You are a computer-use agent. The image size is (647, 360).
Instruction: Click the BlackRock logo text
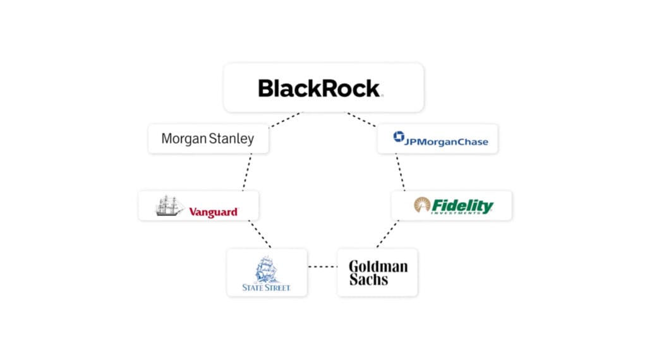click(320, 88)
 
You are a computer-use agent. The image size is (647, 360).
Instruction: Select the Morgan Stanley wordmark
click(207, 138)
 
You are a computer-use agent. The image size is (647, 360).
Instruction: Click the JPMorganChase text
click(447, 141)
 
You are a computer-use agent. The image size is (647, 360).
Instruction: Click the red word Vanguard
click(214, 212)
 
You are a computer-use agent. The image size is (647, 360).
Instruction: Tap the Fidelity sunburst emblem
click(422, 205)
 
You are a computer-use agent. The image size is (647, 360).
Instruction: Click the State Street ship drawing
click(267, 269)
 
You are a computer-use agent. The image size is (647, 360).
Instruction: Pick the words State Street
click(267, 287)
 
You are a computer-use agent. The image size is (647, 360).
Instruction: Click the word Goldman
click(378, 266)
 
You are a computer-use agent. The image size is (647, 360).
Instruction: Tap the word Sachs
click(368, 279)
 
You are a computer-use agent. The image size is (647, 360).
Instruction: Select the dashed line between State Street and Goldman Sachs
click(322, 267)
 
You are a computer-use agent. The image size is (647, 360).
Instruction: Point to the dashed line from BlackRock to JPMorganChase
click(362, 120)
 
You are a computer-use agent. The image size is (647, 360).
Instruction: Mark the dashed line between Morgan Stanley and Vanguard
click(247, 172)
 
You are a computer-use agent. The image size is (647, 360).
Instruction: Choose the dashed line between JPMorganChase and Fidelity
click(400, 172)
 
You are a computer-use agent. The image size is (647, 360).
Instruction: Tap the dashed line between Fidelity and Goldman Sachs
click(388, 234)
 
